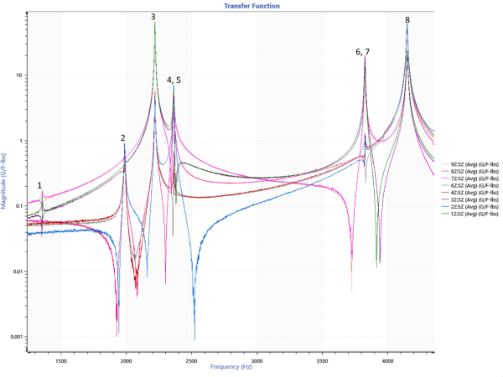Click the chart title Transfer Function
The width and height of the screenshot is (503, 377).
[251, 6]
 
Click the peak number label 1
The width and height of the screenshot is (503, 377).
[39, 186]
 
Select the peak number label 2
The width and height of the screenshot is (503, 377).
[123, 138]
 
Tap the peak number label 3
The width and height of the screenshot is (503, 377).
[153, 17]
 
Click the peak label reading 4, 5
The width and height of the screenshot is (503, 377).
[174, 80]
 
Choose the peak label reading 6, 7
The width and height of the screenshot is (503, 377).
[362, 52]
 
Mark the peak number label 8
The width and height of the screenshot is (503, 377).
[407, 20]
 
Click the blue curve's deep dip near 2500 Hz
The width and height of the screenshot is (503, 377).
[194, 338]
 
